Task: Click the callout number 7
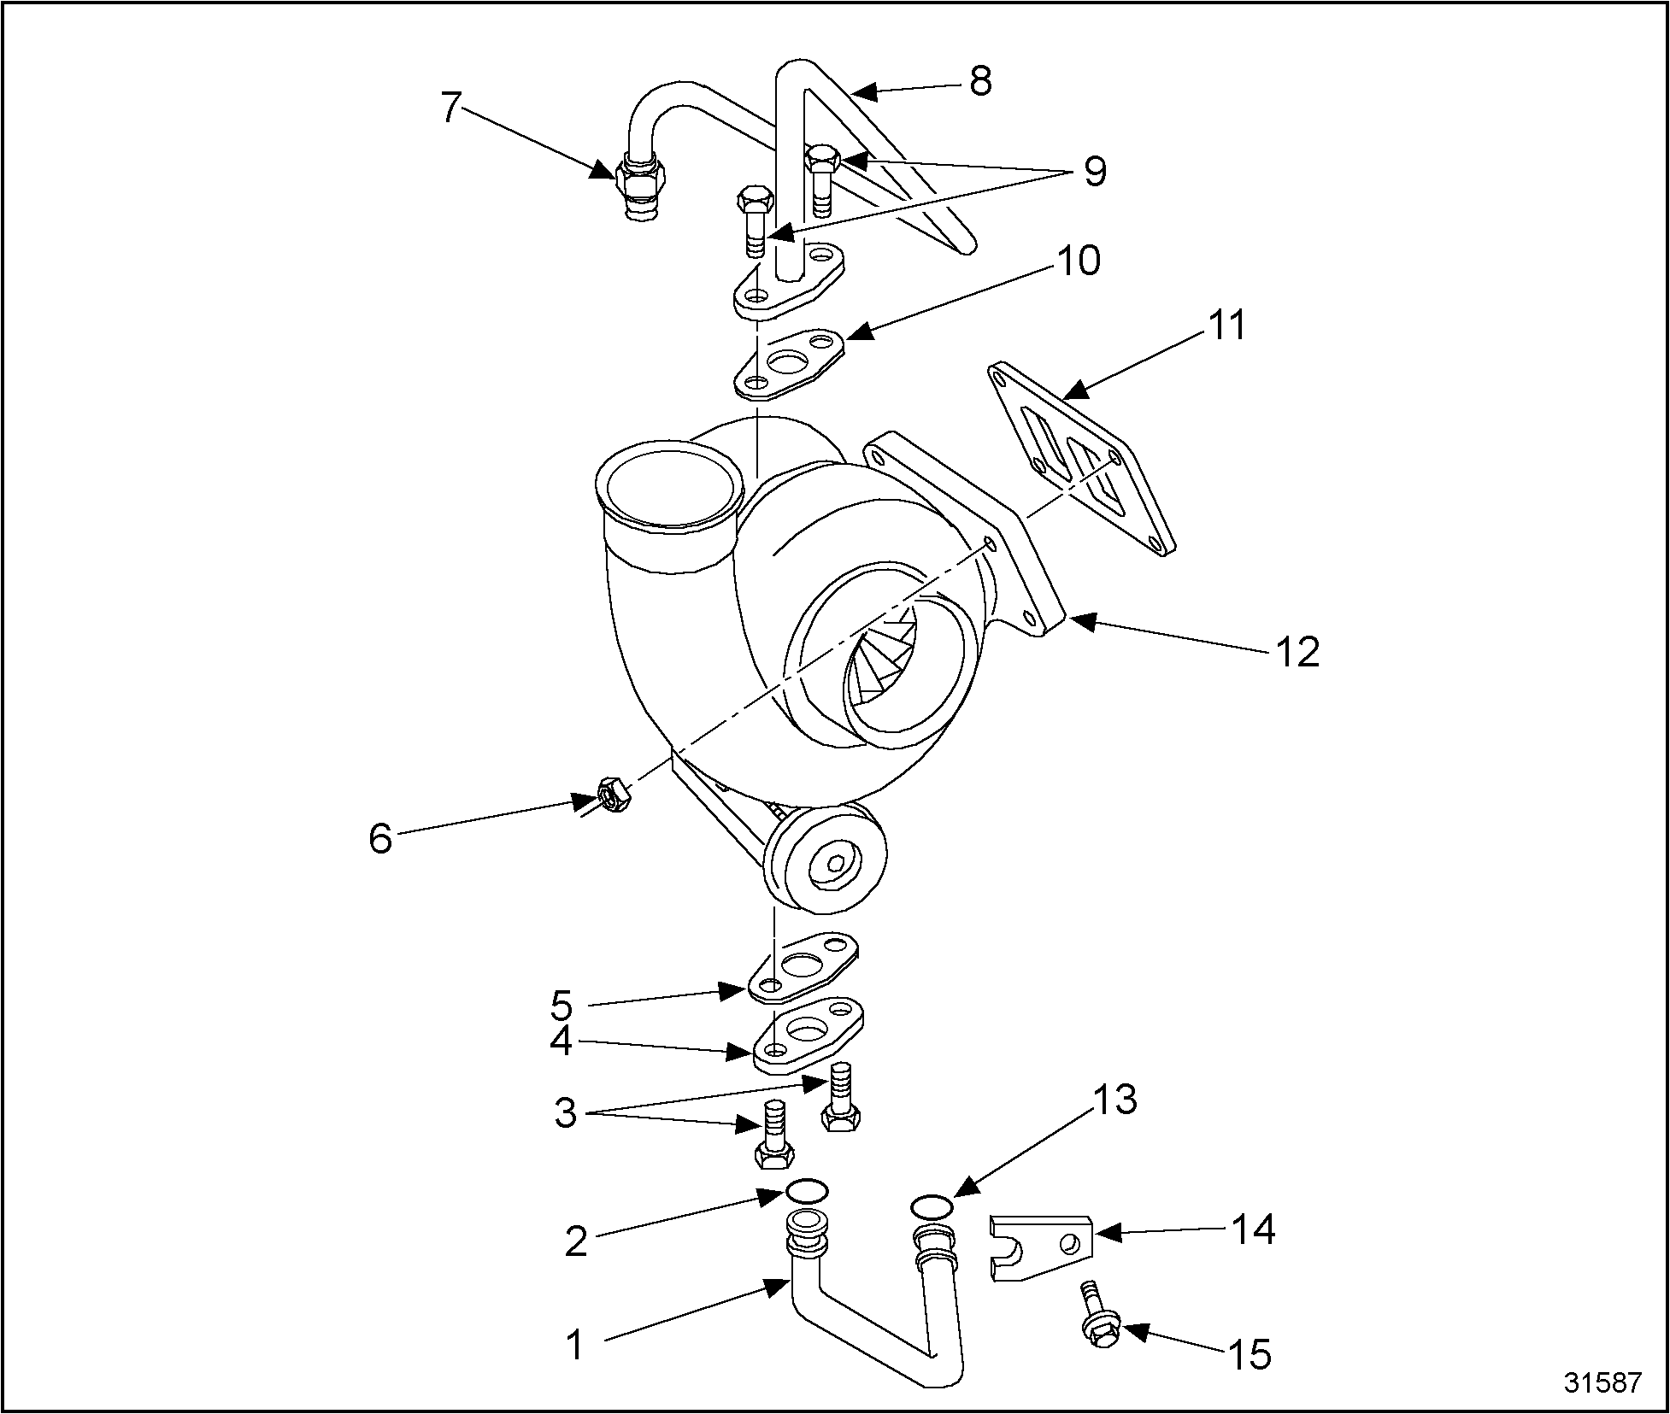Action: point(452,109)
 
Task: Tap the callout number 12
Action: point(1297,652)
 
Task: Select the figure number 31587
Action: point(1602,1383)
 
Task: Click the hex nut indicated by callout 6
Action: point(612,795)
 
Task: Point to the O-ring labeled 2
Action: point(807,1189)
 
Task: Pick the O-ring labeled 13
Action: point(931,1206)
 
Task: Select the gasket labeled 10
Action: point(791,363)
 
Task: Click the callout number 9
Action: point(1095,171)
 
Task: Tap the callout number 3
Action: point(565,1113)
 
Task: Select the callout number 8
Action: point(980,81)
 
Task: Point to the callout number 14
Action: point(1253,1230)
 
